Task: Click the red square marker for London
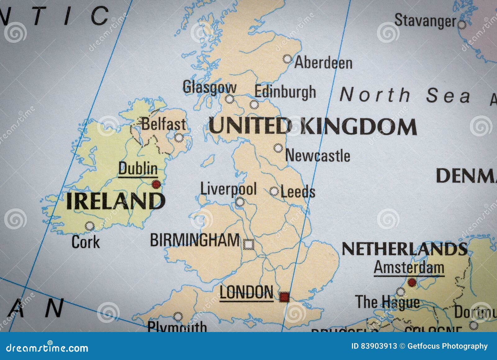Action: (x=284, y=297)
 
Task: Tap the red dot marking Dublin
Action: (x=156, y=184)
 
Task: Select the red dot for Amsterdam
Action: (x=412, y=283)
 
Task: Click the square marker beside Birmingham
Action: (x=248, y=245)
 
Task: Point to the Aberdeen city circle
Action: (x=288, y=59)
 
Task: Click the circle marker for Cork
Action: (x=90, y=226)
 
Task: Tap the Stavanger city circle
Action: (x=462, y=25)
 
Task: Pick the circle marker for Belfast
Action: (x=179, y=137)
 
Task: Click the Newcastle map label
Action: (x=317, y=155)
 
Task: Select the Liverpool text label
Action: (x=228, y=189)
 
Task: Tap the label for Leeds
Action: (x=298, y=192)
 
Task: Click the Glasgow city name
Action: (x=209, y=87)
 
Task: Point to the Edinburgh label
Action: (x=285, y=92)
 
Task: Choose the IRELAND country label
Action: (x=115, y=201)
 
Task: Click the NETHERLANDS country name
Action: (x=404, y=249)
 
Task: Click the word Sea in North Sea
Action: (x=448, y=95)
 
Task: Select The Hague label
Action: (x=387, y=302)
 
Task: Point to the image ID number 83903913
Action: (x=379, y=346)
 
